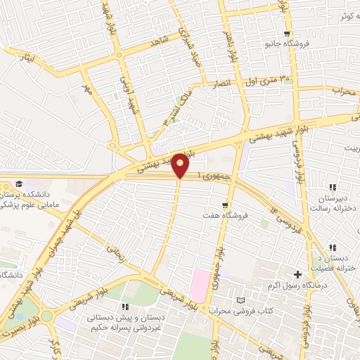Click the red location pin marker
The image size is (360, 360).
(181, 165)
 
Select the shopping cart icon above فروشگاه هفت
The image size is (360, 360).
(224, 205)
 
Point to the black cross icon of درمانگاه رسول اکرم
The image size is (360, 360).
(297, 274)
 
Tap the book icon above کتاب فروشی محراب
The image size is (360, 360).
(242, 300)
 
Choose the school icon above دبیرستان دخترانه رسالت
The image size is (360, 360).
(332, 187)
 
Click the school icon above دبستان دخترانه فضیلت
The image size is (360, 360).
(333, 247)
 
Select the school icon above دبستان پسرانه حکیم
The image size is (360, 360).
(125, 307)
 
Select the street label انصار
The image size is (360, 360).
(222, 84)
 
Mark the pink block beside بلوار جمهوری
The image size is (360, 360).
(201, 285)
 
